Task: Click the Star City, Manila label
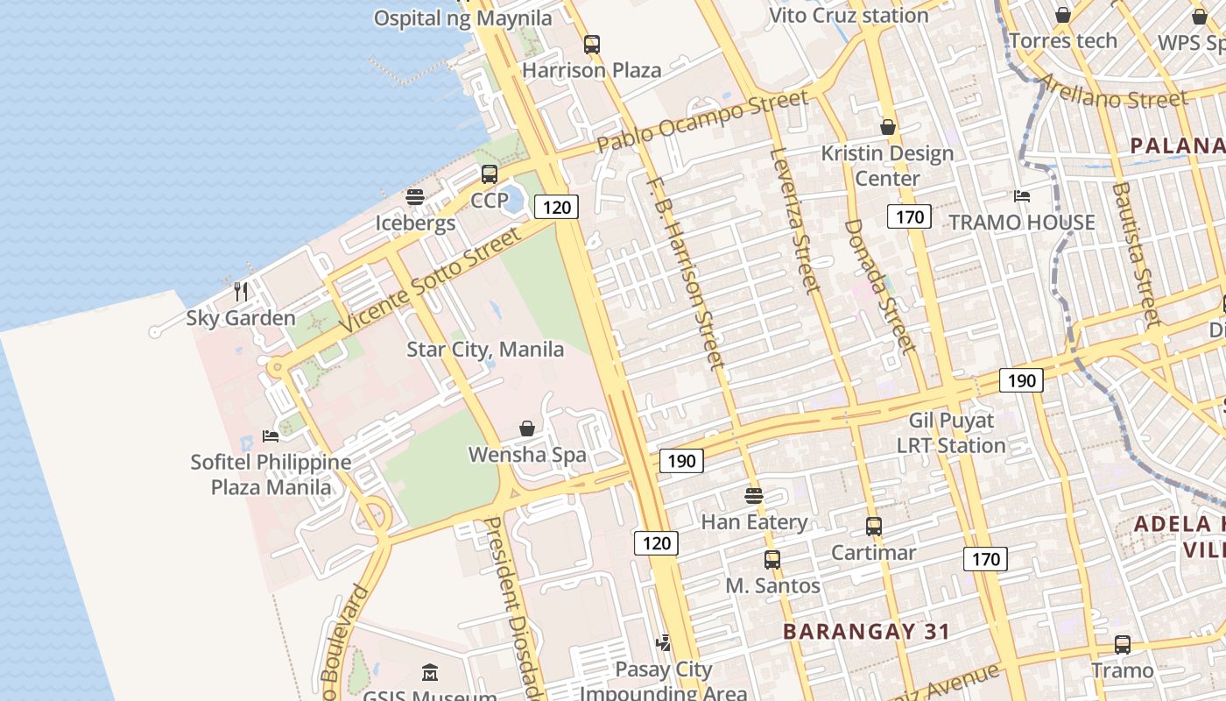coord(485,350)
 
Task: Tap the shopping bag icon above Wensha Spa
coord(527,428)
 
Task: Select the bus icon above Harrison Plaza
coord(592,44)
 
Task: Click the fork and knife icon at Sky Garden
coord(241,291)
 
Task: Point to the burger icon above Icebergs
coord(415,197)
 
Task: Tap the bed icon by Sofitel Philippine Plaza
coord(271,435)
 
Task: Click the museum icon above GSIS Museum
coord(430,673)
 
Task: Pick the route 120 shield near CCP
coord(555,208)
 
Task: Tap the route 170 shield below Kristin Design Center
coord(908,216)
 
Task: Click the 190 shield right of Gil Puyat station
coord(1021,380)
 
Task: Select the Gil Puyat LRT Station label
coord(951,433)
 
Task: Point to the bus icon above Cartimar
coord(873,527)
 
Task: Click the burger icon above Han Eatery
coord(754,496)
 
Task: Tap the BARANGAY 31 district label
coord(866,631)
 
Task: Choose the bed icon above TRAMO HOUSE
coord(1021,196)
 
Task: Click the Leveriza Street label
coord(793,219)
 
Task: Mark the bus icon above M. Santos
coord(772,559)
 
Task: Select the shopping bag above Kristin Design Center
coord(887,127)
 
